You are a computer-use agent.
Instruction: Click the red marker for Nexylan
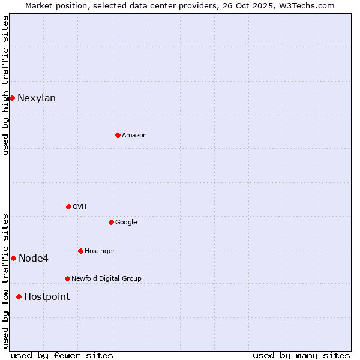pyautogui.click(x=12, y=98)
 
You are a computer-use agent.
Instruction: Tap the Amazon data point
pyautogui.click(x=118, y=135)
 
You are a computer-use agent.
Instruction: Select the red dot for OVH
pyautogui.click(x=68, y=206)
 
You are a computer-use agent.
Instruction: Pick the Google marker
pyautogui.click(x=111, y=222)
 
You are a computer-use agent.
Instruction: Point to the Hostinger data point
pyautogui.click(x=80, y=251)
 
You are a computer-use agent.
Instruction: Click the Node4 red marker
pyautogui.click(x=13, y=258)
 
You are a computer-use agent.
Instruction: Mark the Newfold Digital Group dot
pyautogui.click(x=67, y=278)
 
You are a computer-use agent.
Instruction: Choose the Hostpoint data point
pyautogui.click(x=19, y=296)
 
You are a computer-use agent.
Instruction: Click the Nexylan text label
pyautogui.click(x=37, y=98)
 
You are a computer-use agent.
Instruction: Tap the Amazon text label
pyautogui.click(x=134, y=136)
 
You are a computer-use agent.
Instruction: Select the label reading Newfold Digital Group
pyautogui.click(x=106, y=278)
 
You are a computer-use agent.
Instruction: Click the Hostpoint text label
pyautogui.click(x=47, y=297)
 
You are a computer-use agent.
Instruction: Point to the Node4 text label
pyautogui.click(x=34, y=259)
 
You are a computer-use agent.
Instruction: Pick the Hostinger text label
pyautogui.click(x=100, y=251)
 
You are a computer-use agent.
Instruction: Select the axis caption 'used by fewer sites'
pyautogui.click(x=62, y=355)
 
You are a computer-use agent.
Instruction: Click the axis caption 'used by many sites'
pyautogui.click(x=301, y=355)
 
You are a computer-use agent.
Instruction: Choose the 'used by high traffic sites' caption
pyautogui.click(x=5, y=85)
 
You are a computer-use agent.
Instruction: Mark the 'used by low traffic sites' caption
pyautogui.click(x=5, y=281)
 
